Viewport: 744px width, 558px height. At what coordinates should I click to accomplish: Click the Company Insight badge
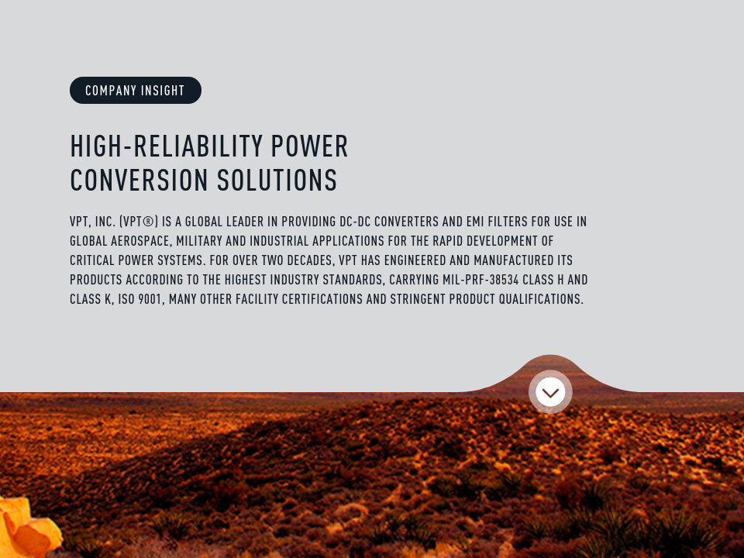point(136,90)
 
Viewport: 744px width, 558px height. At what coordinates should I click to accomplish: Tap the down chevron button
point(550,392)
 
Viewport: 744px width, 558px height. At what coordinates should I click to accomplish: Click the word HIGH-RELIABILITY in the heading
point(167,146)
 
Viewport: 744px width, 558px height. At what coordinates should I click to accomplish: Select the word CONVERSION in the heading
point(139,181)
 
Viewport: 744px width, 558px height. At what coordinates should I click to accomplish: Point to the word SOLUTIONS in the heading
point(277,181)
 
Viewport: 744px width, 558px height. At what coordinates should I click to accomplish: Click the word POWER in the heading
point(310,146)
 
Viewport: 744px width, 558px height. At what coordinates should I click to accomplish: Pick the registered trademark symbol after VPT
point(148,222)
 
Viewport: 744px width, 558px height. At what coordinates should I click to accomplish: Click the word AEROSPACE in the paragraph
point(140,241)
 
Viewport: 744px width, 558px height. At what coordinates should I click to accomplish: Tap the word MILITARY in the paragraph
point(199,241)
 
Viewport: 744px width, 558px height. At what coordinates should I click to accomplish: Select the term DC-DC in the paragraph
point(355,222)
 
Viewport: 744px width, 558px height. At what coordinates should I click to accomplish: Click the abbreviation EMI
point(475,222)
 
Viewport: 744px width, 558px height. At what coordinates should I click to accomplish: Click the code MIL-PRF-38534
point(480,280)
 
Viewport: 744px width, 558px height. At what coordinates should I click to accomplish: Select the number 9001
point(150,299)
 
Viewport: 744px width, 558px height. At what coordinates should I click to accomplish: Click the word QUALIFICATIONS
point(541,299)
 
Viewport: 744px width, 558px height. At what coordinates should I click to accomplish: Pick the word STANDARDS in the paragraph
point(353,280)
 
